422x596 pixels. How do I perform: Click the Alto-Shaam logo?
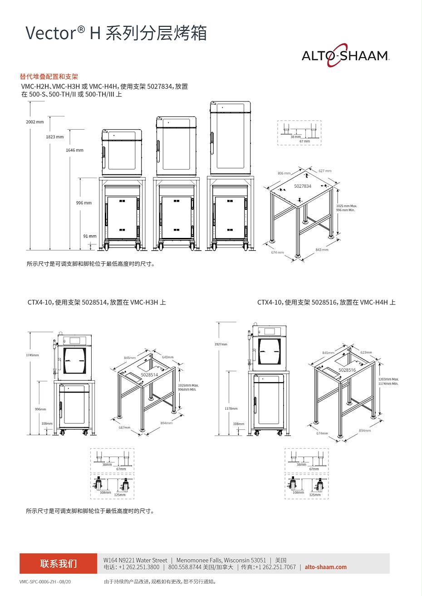345,55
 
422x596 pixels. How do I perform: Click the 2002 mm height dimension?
35,122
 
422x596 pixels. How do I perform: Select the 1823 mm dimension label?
55,137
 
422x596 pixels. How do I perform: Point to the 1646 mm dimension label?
74,150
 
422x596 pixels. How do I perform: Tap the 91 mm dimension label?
89,236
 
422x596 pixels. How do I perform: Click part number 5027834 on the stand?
303,186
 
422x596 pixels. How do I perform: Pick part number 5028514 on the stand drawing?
149,375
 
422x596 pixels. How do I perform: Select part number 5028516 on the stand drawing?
347,370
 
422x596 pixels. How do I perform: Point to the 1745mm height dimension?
32,355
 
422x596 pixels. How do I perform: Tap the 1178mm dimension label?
231,409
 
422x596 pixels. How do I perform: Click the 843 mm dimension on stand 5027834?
322,250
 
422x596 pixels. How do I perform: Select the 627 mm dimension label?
325,171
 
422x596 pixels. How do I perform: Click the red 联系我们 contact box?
58,564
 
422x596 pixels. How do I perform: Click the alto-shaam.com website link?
325,567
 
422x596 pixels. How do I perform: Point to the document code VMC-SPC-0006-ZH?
45,581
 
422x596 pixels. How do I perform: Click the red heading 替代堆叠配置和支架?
49,77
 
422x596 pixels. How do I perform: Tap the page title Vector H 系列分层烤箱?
116,34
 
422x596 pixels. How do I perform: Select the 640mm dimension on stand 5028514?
167,357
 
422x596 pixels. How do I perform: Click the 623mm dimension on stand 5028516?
366,352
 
